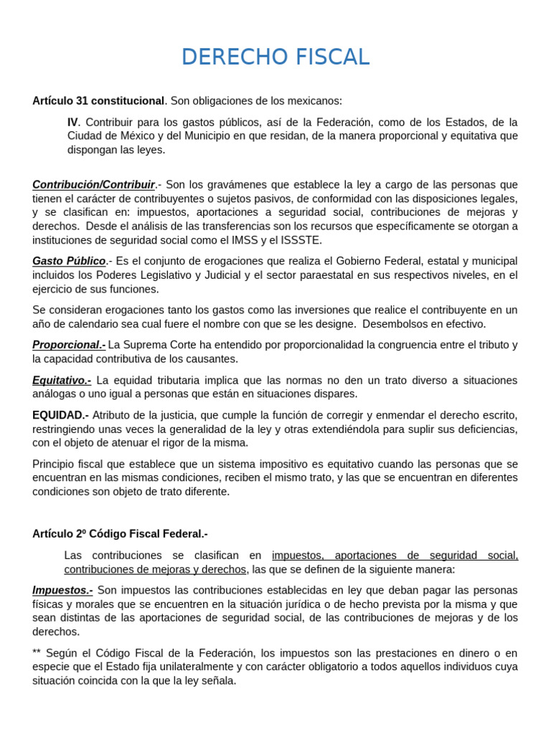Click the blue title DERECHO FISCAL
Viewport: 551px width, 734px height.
tap(275, 57)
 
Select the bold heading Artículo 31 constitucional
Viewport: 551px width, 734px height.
tap(98, 101)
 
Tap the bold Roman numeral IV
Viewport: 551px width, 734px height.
tap(72, 123)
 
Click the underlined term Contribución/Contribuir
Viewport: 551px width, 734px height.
tap(93, 185)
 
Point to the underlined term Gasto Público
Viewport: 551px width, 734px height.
tap(69, 262)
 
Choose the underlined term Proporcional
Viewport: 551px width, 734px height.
tap(68, 345)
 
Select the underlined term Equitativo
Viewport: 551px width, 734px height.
tap(61, 380)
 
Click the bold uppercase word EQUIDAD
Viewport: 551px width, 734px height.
tap(59, 415)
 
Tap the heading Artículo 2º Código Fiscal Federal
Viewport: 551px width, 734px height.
tap(119, 534)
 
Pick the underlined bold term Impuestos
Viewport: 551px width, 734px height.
tap(62, 590)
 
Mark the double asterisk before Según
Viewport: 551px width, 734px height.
tap(37, 653)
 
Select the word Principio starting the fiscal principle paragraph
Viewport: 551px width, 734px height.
tap(54, 464)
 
